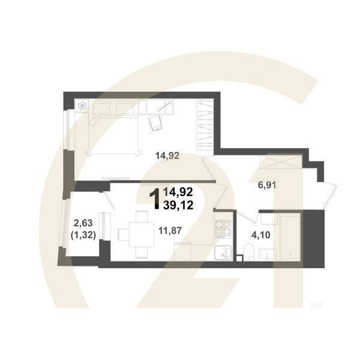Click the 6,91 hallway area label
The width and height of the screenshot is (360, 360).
tap(267, 185)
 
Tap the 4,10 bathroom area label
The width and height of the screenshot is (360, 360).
tap(261, 235)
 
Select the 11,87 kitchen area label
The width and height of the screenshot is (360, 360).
tap(170, 230)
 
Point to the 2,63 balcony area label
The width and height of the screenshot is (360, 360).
tap(83, 223)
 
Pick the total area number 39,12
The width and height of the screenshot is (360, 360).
tap(178, 205)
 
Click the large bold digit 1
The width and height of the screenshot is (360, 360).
tap(155, 199)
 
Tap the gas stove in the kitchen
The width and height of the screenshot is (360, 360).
tap(223, 229)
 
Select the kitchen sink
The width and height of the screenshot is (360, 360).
tap(223, 253)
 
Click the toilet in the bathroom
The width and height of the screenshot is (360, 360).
tap(248, 252)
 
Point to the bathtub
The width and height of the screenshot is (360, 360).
tap(290, 237)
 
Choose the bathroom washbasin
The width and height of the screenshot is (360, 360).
tap(267, 254)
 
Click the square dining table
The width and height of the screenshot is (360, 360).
tap(142, 235)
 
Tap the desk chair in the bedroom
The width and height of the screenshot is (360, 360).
tap(155, 123)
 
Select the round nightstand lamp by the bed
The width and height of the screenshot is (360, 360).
tap(82, 106)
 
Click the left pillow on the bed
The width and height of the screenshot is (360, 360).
tap(102, 108)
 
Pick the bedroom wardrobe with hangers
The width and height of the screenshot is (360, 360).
tap(205, 125)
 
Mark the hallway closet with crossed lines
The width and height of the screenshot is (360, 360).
tap(281, 161)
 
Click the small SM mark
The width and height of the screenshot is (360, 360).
tap(316, 305)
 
